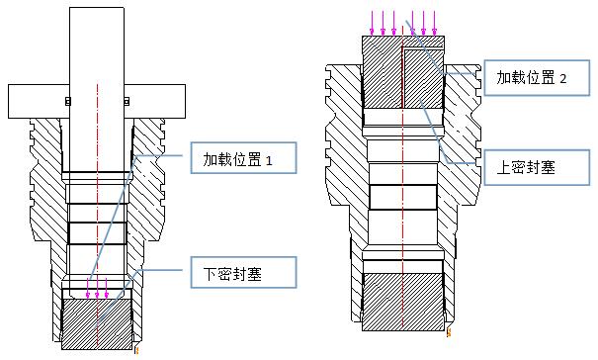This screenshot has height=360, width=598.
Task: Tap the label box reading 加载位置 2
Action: [x=532, y=77]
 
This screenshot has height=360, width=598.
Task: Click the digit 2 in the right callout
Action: [x=563, y=78]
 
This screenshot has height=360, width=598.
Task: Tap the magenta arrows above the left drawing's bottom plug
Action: [x=97, y=290]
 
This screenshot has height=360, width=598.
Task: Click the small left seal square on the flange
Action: [x=67, y=101]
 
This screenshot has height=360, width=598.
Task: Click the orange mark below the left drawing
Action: [x=136, y=348]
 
